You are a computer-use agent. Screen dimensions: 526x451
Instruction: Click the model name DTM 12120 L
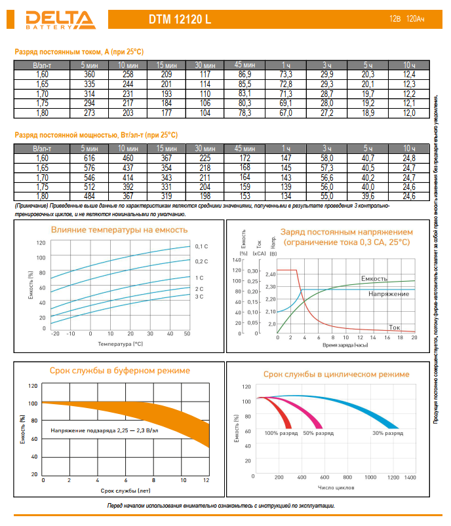pyautogui.click(x=180, y=20)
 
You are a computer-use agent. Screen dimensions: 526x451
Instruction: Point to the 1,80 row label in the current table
pyautogui.click(x=42, y=113)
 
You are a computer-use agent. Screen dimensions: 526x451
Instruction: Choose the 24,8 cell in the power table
pyautogui.click(x=408, y=159)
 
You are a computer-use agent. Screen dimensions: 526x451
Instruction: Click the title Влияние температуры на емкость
pyautogui.click(x=119, y=230)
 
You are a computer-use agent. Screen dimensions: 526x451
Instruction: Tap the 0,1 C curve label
pyautogui.click(x=201, y=246)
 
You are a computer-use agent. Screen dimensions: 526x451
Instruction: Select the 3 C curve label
pyautogui.click(x=199, y=297)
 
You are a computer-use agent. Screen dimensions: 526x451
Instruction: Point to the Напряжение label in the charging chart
pyautogui.click(x=389, y=294)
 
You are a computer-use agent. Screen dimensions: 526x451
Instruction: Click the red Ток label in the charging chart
pyautogui.click(x=395, y=326)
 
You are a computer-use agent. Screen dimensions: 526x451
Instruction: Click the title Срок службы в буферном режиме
pyautogui.click(x=120, y=371)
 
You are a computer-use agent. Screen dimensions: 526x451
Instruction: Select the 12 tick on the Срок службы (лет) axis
pyautogui.click(x=206, y=480)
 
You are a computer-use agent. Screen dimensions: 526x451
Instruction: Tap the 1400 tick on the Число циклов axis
pyautogui.click(x=410, y=478)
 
